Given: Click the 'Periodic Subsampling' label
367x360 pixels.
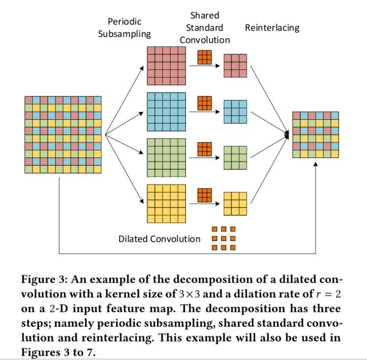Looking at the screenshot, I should point(124,28).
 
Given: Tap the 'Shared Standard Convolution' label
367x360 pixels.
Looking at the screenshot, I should point(204,28).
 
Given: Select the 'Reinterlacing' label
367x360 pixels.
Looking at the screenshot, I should point(272,28).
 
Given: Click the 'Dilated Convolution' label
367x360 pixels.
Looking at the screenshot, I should point(160,239).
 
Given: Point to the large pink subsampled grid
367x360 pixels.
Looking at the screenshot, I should point(166,66).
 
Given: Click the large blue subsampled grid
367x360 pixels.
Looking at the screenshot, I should point(166,112).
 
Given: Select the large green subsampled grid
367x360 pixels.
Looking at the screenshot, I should point(166,158).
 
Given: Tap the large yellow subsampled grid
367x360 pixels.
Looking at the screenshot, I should point(166,203).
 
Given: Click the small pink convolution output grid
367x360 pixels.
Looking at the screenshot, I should point(235,66).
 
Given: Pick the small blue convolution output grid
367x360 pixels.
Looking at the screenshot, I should point(235,112).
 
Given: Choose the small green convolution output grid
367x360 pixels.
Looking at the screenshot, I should point(235,158).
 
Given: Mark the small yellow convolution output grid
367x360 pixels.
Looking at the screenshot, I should point(235,203).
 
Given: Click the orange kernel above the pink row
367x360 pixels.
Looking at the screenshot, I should point(204,57).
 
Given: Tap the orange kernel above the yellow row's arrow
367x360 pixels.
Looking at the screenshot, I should point(204,195).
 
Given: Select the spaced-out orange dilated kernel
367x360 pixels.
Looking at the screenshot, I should point(224,239).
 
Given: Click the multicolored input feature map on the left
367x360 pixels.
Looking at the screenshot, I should point(63,135).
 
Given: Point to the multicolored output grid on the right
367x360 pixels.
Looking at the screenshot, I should point(315,135).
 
